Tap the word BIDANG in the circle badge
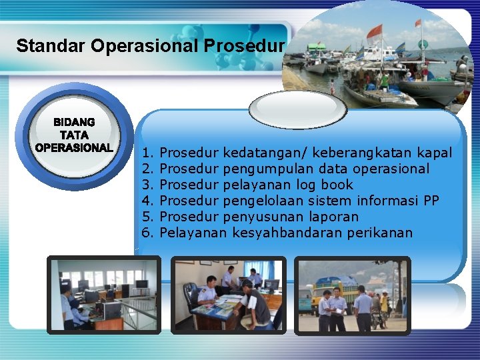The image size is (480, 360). (x=74, y=123)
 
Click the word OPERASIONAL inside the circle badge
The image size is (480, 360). (x=74, y=147)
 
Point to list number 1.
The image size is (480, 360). (x=148, y=153)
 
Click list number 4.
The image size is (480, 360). (x=148, y=201)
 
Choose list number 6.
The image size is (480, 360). (x=148, y=233)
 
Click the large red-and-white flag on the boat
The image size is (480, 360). (x=375, y=31)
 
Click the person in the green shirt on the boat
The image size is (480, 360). (x=385, y=80)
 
